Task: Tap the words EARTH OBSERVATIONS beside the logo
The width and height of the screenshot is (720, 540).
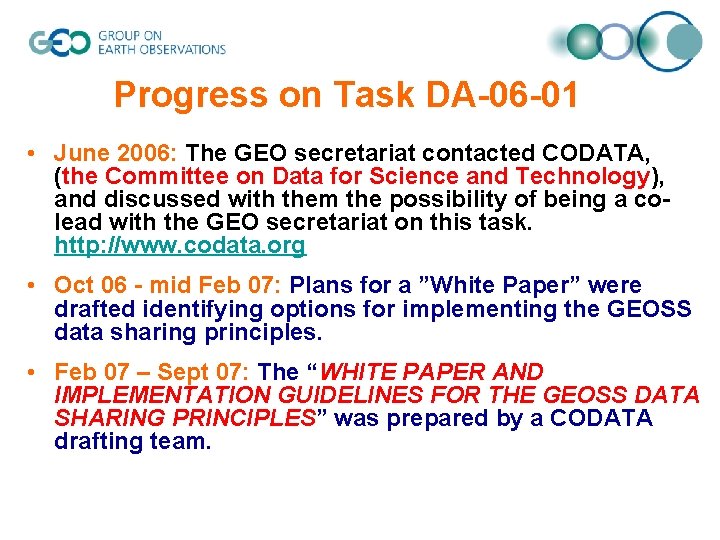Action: (161, 48)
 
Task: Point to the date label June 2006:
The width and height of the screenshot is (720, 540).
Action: (116, 153)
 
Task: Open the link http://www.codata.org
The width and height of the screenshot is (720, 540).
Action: (180, 245)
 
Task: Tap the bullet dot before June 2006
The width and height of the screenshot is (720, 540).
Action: (33, 154)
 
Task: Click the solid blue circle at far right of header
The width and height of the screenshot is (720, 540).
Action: (684, 41)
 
